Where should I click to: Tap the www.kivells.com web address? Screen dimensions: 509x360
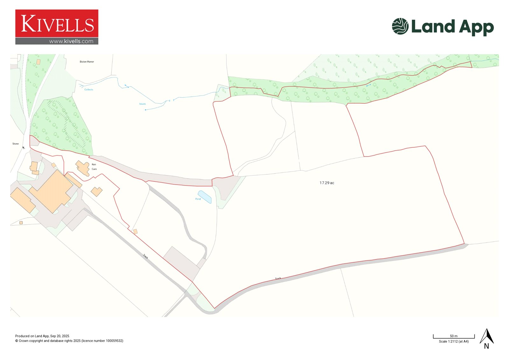(71, 41)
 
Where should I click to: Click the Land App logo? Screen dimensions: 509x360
(443, 27)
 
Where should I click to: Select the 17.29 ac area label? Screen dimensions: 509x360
(327, 183)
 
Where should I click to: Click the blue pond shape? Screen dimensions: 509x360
(205, 197)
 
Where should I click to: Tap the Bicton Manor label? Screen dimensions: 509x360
(87, 62)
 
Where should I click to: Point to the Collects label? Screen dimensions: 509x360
(89, 90)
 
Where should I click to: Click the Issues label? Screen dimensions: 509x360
(142, 104)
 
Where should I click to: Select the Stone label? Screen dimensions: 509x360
(16, 144)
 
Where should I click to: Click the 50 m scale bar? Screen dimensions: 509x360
(454, 337)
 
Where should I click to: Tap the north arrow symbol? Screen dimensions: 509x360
(486, 338)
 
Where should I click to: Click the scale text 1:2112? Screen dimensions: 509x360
(454, 342)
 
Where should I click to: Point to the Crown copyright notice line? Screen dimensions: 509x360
(69, 341)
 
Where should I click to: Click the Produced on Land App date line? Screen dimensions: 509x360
(42, 336)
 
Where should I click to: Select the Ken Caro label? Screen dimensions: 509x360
(94, 167)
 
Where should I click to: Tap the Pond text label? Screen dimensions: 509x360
(198, 199)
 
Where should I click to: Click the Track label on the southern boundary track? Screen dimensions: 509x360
(278, 279)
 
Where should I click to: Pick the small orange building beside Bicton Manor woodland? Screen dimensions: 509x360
(38, 62)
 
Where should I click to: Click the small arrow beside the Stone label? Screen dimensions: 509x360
(23, 148)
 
